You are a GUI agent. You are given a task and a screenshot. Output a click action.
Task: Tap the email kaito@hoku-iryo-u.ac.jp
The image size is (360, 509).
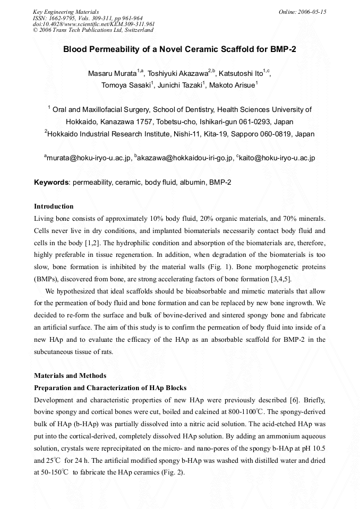(277, 158)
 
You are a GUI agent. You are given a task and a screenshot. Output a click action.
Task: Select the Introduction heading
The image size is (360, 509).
(54, 206)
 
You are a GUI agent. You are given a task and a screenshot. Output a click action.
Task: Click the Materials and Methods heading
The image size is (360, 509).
(70, 376)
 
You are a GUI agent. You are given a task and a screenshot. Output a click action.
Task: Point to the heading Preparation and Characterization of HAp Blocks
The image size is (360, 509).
(110, 387)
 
